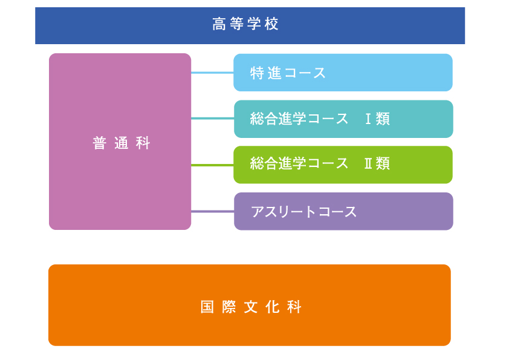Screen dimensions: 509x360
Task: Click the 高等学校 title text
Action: coord(245,24)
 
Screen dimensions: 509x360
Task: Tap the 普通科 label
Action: coord(122,143)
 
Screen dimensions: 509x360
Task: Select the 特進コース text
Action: coord(288,73)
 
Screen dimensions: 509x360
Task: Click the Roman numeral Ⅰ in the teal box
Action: coord(368,119)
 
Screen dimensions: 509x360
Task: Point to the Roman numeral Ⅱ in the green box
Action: coord(368,163)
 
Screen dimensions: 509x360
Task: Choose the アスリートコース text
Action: coord(304,212)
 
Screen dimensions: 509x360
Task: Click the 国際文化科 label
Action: coord(251,307)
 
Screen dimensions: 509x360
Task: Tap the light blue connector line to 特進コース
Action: coord(212,73)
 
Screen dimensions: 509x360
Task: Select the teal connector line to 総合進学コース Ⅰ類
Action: coord(212,119)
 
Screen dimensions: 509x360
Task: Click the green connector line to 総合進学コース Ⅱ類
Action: coord(212,165)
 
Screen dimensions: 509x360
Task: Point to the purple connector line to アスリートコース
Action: coord(212,212)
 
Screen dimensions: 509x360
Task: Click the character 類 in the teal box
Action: coord(383,119)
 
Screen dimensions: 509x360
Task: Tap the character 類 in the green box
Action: coord(383,163)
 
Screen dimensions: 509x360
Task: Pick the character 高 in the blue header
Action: coord(219,24)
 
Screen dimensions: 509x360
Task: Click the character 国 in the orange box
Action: coord(207,307)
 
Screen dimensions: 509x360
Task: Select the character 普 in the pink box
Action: coord(99,143)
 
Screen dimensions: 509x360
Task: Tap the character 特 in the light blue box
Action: coord(257,73)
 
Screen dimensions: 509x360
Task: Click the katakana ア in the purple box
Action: coord(258,212)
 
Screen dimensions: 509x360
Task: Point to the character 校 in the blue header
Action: coord(271,24)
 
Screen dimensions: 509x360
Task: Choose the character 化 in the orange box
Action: coord(273,307)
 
